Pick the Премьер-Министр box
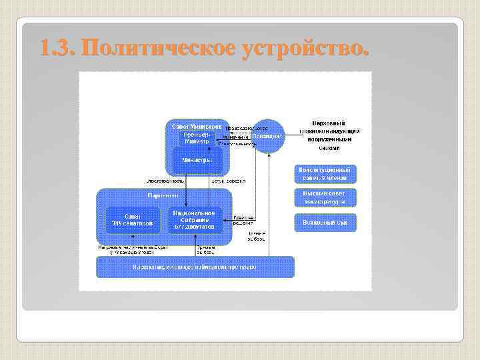197,138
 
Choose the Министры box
197,160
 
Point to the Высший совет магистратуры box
325,197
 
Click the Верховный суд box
325,222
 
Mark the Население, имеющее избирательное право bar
195,267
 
